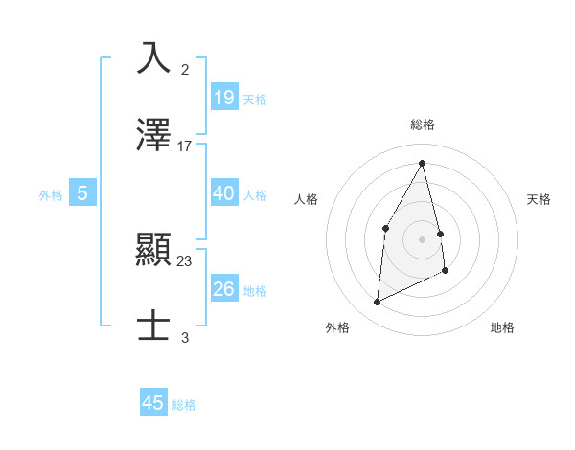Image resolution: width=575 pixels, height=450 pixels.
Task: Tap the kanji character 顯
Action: pos(154,251)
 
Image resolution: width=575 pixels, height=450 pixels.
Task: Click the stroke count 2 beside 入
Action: pos(185,70)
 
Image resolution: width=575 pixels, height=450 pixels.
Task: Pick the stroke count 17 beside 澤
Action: pos(185,146)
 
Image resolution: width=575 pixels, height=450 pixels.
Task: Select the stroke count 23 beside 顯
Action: pos(185,261)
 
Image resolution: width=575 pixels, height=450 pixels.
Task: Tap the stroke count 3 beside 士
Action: pos(185,337)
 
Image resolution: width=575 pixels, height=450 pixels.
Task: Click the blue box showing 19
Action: pos(223,97)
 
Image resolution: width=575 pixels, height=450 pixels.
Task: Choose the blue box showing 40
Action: pos(223,193)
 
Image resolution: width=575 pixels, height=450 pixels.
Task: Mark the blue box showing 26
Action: pos(223,289)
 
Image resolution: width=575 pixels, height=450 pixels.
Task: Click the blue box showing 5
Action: pos(82,193)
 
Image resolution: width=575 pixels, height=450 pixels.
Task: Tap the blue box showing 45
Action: pos(152,403)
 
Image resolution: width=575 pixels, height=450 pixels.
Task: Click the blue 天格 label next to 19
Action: pos(255,99)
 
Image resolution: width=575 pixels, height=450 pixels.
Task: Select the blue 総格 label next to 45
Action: pos(184,405)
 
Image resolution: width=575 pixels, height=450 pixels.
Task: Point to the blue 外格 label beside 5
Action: pos(51,195)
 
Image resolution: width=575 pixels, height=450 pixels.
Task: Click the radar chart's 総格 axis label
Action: pos(423,124)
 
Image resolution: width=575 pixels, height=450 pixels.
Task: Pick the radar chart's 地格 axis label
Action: pos(502,327)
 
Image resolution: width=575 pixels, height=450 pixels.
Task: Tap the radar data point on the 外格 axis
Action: pos(377,303)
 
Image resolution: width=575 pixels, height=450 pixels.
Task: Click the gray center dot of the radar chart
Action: pos(422,239)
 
